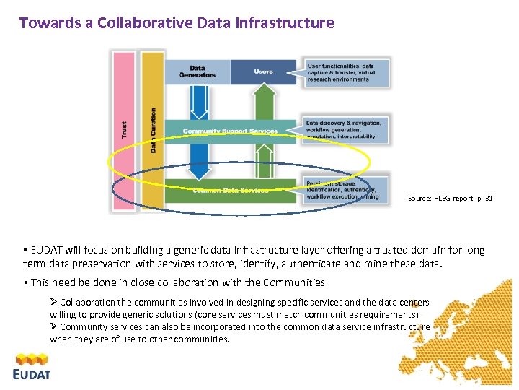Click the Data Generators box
tap(198, 71)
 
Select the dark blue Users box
tap(263, 71)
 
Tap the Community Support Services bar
tap(229, 131)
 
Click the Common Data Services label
tap(230, 191)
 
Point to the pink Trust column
tap(124, 130)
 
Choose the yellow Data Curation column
tap(153, 130)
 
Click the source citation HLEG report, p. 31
tap(451, 198)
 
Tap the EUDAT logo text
tap(32, 374)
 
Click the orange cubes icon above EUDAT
tap(32, 358)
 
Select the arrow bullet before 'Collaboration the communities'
tap(54, 302)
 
